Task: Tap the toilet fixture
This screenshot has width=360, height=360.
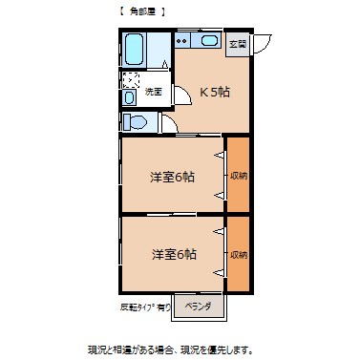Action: [134, 121]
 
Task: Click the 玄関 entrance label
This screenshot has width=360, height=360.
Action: [237, 45]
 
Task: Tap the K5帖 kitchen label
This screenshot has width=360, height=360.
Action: [214, 92]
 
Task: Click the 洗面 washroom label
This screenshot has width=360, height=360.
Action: [153, 91]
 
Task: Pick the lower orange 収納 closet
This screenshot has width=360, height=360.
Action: [238, 254]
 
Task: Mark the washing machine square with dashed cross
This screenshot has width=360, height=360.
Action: [131, 80]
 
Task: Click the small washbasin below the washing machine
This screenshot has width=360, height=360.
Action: [131, 97]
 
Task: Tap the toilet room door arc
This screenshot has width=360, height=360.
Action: [167, 124]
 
